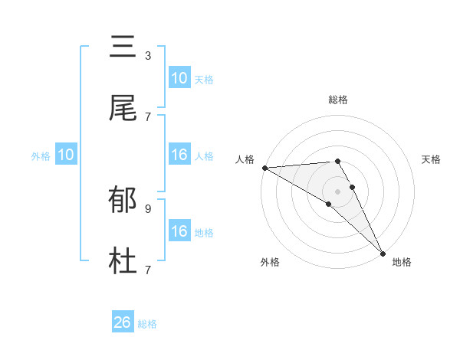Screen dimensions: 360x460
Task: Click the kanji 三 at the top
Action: coord(123,47)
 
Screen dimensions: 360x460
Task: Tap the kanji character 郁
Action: coord(123,201)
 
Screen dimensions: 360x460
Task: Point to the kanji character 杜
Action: coord(123,261)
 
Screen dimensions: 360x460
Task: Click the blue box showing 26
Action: coord(123,323)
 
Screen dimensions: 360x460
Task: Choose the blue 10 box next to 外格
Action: coord(66,155)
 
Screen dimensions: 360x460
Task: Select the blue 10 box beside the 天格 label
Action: coord(179,78)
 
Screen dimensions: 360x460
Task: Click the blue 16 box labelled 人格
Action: coord(179,155)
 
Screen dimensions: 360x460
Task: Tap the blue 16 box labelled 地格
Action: coord(179,231)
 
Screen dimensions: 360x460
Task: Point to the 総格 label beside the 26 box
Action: coord(147,324)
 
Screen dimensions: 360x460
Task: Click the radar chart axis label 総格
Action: coord(338,100)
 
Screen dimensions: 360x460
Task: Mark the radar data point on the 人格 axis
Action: coord(264,168)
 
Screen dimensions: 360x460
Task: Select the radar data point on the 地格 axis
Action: coord(383,252)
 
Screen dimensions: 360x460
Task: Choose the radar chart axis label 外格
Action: coord(270,262)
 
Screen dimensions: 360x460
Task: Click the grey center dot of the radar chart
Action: coord(338,191)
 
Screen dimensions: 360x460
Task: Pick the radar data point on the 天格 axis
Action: coord(353,187)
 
